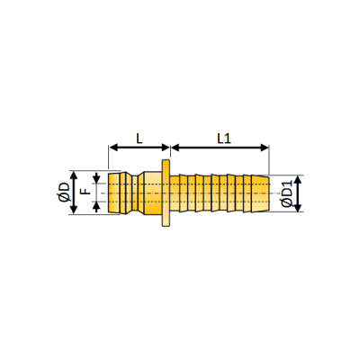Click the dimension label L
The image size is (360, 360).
[x=139, y=139]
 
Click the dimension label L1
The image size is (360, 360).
[x=224, y=139]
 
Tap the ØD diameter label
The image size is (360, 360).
[x=64, y=193]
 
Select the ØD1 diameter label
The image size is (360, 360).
[x=287, y=193]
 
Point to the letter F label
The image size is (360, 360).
[x=86, y=191]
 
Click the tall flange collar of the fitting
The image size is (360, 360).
[x=166, y=193]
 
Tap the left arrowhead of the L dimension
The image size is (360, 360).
[x=113, y=148]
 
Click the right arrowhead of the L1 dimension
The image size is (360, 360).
[x=265, y=148]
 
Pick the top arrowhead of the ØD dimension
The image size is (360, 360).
[x=74, y=175]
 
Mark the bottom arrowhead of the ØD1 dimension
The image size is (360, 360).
[x=298, y=207]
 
